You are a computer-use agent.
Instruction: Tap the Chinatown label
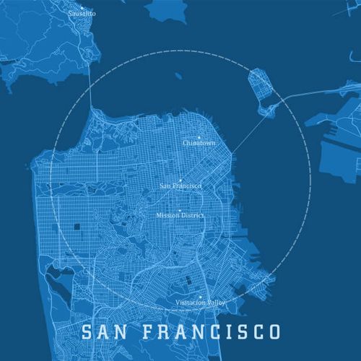tap(199, 143)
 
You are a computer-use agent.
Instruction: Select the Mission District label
tap(180, 215)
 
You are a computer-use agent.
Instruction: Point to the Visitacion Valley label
tap(201, 302)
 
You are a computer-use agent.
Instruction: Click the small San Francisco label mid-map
tap(180, 186)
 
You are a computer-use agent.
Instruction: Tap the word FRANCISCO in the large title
tap(209, 332)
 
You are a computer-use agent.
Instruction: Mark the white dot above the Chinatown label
tap(199, 136)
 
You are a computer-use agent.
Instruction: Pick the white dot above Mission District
tap(180, 209)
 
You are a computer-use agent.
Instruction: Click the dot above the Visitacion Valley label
tap(201, 295)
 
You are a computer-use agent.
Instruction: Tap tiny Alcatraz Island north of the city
tap(176, 74)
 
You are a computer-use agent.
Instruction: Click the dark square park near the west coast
tap(75, 229)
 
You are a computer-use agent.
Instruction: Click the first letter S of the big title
tap(87, 332)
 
